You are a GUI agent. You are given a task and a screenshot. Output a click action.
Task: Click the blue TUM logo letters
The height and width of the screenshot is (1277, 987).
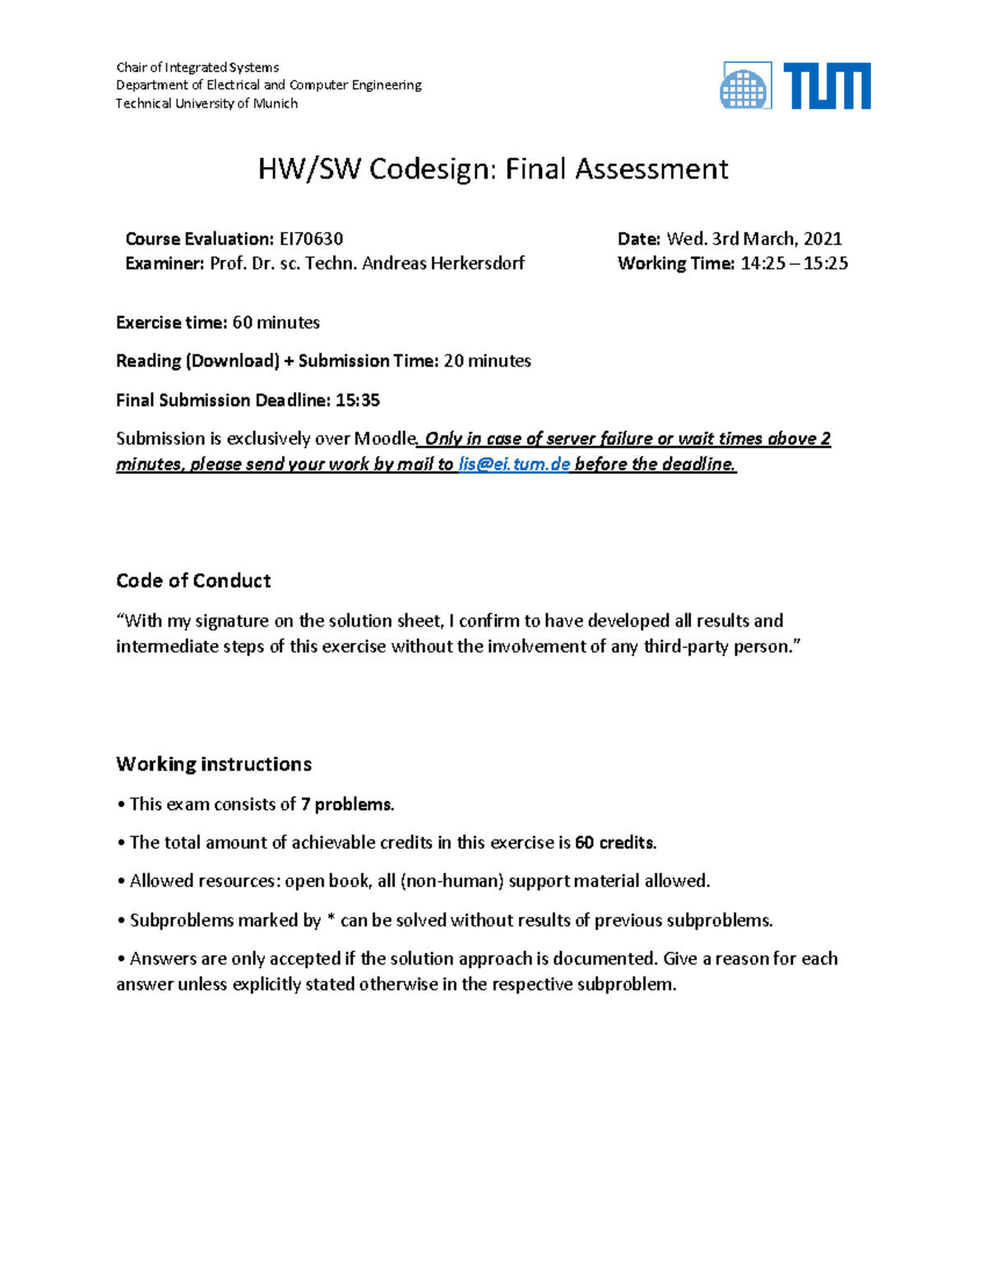pyautogui.click(x=827, y=86)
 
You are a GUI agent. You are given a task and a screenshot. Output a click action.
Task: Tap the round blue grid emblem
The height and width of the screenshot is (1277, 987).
pyautogui.click(x=744, y=87)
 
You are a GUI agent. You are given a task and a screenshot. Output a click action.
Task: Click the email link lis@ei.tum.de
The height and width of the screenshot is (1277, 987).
pyautogui.click(x=514, y=465)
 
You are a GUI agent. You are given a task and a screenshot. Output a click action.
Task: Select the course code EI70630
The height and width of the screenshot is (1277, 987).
pyautogui.click(x=311, y=239)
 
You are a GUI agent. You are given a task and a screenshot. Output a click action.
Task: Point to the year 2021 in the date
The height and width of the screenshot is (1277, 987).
pyautogui.click(x=822, y=239)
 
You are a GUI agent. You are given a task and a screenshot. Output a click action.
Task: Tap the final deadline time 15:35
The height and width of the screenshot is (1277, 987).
pyautogui.click(x=358, y=400)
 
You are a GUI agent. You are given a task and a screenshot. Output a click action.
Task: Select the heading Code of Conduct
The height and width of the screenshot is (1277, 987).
pyautogui.click(x=193, y=581)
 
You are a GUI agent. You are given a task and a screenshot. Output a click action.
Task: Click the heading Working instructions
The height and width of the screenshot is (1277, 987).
pyautogui.click(x=214, y=765)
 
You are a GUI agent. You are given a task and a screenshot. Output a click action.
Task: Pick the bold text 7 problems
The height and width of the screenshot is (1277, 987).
pyautogui.click(x=347, y=804)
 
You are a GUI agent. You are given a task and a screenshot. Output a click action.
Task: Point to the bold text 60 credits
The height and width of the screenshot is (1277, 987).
pyautogui.click(x=615, y=843)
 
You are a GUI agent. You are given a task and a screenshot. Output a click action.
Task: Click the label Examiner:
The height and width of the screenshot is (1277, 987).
pyautogui.click(x=164, y=264)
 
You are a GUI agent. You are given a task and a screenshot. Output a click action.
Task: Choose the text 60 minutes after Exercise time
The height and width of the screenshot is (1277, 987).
pyautogui.click(x=276, y=322)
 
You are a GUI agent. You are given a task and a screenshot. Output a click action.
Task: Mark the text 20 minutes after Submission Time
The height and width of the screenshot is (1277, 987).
pyautogui.click(x=487, y=361)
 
